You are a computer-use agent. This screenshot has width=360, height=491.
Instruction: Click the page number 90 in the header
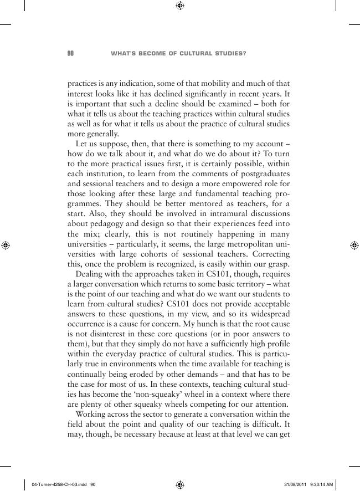click(x=70, y=54)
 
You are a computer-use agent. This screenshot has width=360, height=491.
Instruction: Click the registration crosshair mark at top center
click(x=180, y=6)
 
